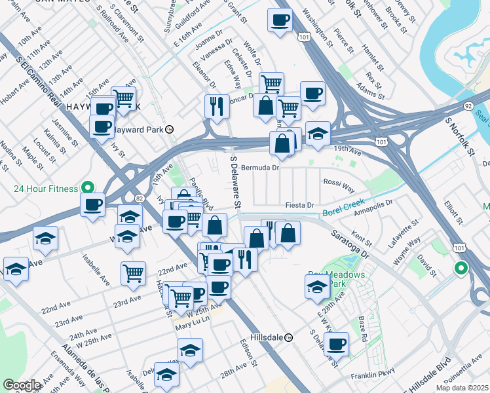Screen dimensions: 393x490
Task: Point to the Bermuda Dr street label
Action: [261, 168]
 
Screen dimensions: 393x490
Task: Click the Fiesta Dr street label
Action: [301, 205]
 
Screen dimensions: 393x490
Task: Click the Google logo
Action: [22, 384]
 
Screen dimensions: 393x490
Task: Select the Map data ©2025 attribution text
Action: [462, 388]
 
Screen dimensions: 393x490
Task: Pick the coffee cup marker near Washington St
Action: [280, 20]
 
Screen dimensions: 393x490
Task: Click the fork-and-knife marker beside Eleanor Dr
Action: [217, 105]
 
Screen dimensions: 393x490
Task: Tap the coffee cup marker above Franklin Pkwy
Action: [337, 344]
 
